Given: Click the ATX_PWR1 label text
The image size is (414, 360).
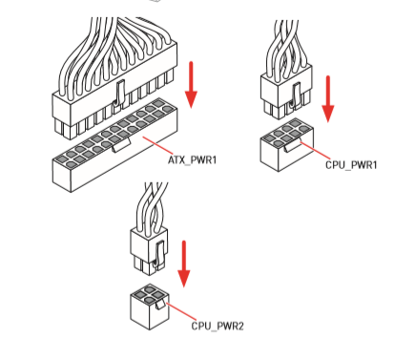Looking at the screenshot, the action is point(192,159).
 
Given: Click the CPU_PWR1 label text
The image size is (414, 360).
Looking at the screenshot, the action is point(351,165).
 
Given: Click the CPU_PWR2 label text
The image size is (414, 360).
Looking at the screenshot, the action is point(217,327).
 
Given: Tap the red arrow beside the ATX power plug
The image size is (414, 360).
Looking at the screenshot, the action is point(191,85).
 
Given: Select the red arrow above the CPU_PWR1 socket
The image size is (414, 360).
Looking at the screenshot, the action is point(328,99).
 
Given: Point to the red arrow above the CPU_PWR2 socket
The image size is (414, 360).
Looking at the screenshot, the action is point(183,264).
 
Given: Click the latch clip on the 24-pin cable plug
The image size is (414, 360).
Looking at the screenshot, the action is point(119,93).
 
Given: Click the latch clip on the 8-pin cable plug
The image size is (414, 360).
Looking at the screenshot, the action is point(296,95).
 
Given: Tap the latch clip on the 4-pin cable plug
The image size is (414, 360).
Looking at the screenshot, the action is point(158,254).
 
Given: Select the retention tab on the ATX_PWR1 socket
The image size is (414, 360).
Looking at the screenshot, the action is point(120,144).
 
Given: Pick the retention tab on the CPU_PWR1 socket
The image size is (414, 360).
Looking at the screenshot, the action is point(293,146).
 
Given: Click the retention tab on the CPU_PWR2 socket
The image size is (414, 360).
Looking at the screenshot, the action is point(160,305).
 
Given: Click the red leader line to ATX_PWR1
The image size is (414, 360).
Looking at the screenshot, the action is point(157,146).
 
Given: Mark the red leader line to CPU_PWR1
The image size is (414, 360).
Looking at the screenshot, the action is point(315,151).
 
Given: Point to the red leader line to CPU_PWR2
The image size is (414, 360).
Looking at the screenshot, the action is point(181,311).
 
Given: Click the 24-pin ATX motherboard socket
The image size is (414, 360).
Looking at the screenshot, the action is point(114,145).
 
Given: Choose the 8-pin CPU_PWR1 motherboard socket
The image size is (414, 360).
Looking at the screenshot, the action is point(286,145).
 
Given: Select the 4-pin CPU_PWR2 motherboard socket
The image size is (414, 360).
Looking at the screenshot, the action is point(149,307).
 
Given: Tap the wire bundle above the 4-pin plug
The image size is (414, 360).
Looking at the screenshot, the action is point(152,208).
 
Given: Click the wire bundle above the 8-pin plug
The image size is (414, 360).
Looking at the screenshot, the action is point(287,48).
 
